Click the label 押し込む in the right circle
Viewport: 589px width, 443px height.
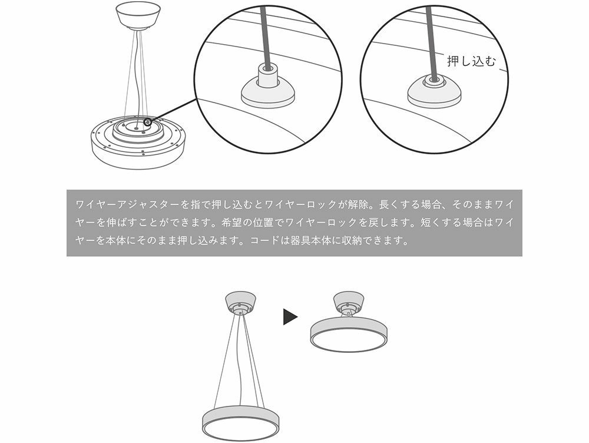click(x=471, y=61)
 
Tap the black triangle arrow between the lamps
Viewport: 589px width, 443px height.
click(x=290, y=317)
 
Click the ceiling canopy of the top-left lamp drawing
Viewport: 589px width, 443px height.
click(x=137, y=15)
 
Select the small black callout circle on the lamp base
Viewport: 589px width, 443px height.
click(x=148, y=122)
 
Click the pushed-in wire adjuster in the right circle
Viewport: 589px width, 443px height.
click(x=434, y=90)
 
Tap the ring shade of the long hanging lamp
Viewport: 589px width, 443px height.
click(x=240, y=424)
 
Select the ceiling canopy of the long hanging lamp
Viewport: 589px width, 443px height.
click(x=240, y=302)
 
